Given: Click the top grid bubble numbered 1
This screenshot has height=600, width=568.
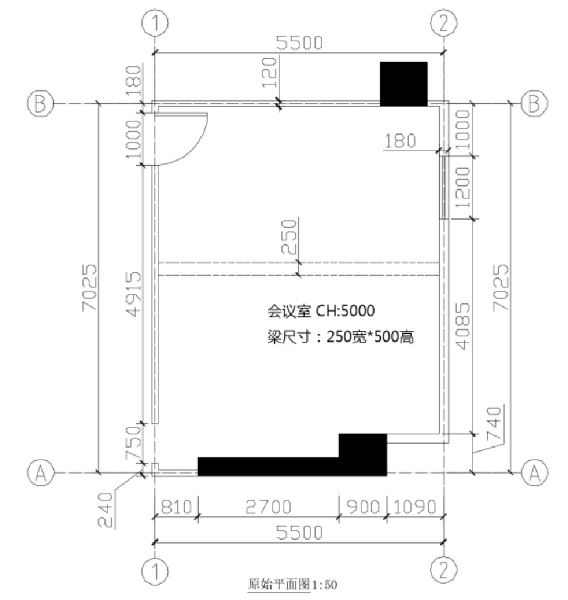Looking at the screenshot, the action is click(155, 23).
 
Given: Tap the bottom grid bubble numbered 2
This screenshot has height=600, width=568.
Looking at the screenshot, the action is click(443, 570).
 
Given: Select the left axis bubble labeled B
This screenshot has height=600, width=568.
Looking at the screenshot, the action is click(40, 103).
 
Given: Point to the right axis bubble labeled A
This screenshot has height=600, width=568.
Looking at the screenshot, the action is click(535, 472).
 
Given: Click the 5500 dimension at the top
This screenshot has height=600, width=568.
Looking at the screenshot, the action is click(299, 43).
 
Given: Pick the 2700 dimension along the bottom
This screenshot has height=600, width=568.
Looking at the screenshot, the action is click(269, 506).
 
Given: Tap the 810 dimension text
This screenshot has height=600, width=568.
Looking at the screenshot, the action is click(176, 506).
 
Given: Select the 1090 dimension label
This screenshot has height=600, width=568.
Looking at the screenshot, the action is click(415, 506).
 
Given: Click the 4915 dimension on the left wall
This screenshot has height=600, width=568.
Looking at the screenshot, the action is click(134, 294).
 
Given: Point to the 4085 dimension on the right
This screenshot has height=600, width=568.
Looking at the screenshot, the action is click(462, 326).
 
